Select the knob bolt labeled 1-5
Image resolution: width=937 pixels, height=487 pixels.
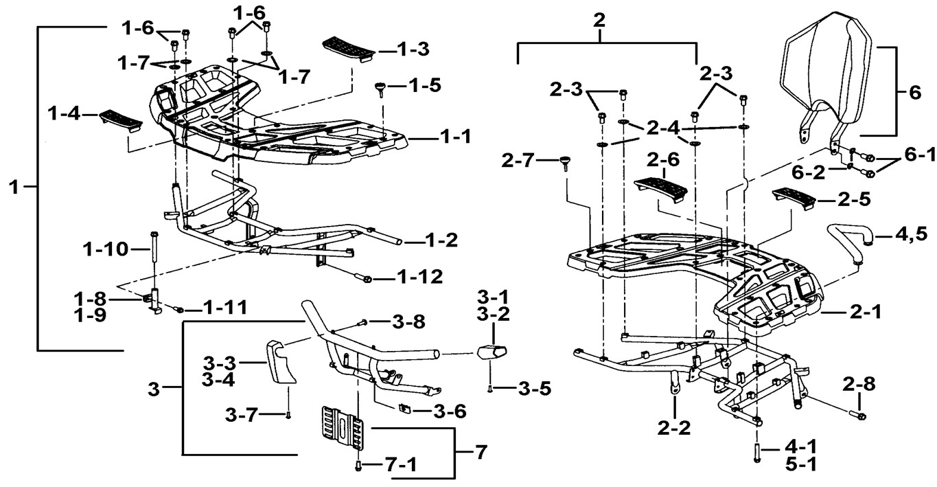point(381,88)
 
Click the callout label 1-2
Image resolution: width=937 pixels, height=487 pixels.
point(439,241)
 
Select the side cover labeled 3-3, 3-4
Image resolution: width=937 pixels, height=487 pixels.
point(281,359)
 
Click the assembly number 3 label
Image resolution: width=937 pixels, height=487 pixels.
point(154,389)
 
